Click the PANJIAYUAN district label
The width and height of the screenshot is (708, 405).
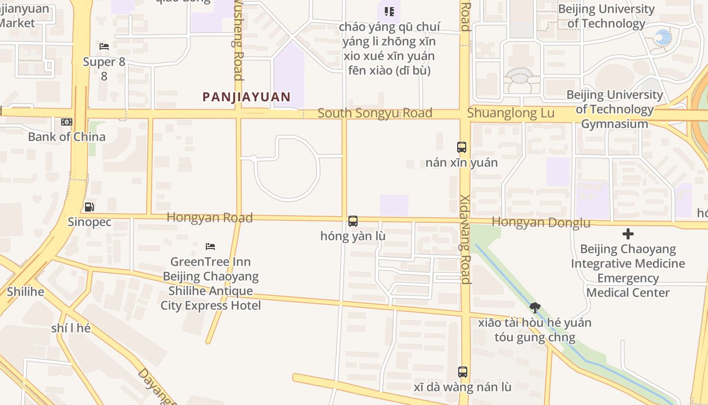(x=247, y=97)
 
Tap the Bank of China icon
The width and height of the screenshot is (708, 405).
(x=67, y=122)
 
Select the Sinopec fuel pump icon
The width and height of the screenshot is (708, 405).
(x=89, y=207)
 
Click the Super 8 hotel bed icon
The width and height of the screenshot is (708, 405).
(x=104, y=47)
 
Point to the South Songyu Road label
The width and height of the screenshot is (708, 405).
(x=375, y=113)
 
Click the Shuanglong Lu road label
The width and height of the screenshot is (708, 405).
(x=510, y=113)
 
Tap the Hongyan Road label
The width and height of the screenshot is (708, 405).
(x=209, y=217)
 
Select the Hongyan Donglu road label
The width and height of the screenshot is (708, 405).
(x=541, y=222)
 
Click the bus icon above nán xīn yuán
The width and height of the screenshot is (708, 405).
(x=462, y=147)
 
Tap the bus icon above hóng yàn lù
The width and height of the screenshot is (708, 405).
(x=353, y=221)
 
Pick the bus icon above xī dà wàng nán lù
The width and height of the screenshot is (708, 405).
(x=462, y=372)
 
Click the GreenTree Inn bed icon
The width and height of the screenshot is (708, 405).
(x=210, y=247)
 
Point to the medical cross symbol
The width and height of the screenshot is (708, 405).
(x=628, y=234)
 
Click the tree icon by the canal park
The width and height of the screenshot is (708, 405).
(x=535, y=307)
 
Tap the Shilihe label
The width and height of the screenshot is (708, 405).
(x=25, y=292)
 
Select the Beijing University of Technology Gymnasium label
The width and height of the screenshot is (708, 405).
(x=614, y=109)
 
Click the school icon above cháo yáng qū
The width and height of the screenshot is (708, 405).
(x=389, y=11)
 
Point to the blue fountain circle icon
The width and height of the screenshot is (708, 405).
(x=662, y=37)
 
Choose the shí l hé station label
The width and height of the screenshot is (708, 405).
(x=71, y=328)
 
